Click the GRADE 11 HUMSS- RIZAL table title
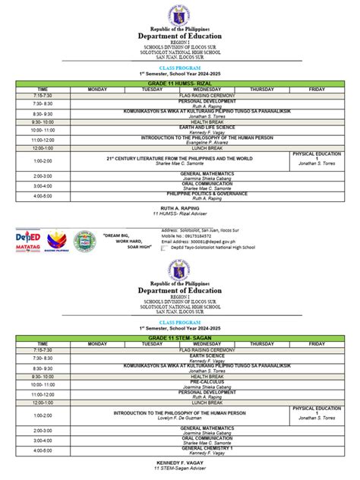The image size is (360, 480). click(179, 83)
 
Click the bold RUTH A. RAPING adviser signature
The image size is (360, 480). click(179, 208)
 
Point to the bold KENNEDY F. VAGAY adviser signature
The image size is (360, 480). click(179, 463)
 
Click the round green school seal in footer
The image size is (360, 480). click(86, 242)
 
